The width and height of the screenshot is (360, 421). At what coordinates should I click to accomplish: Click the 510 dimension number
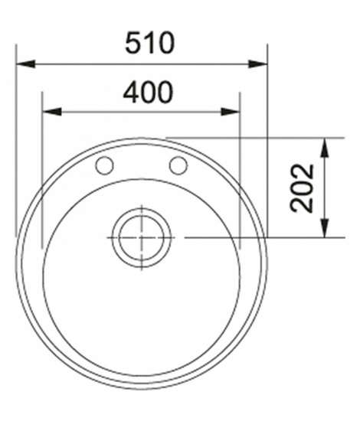[149, 43]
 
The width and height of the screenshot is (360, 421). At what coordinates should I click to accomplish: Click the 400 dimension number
[148, 93]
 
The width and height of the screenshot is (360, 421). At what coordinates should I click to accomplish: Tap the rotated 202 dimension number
[302, 188]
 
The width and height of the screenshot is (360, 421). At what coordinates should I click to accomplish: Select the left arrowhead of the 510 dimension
[26, 64]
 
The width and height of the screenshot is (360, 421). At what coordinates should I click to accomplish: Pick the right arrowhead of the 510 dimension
[258, 64]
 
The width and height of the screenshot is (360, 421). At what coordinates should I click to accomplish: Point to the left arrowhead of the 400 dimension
[52, 112]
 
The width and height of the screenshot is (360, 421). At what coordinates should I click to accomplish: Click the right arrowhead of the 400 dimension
[230, 112]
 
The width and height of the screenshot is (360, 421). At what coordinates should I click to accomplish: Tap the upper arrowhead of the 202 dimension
[325, 148]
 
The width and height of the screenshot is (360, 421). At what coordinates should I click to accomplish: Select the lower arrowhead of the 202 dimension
[325, 228]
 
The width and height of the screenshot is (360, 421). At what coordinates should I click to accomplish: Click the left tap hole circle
[104, 165]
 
